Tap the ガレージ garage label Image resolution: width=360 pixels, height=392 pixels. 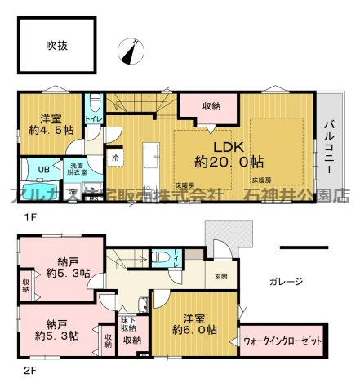coord(285,281)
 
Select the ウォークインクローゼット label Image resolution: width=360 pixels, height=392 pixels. coord(282,341)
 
